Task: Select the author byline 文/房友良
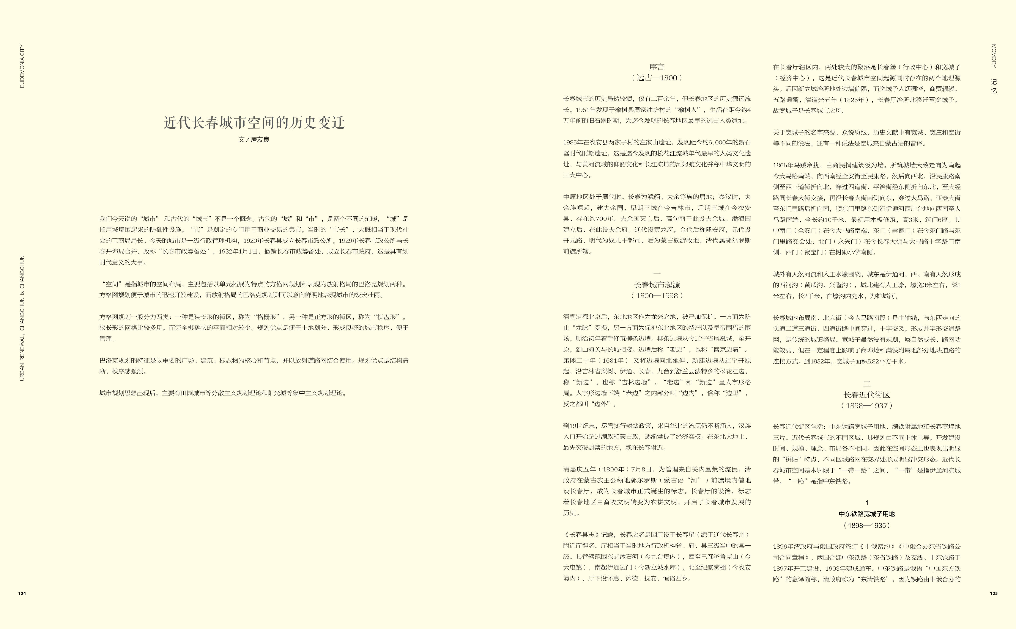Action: tap(254, 140)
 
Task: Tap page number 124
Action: tap(22, 594)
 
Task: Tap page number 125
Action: tap(994, 594)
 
